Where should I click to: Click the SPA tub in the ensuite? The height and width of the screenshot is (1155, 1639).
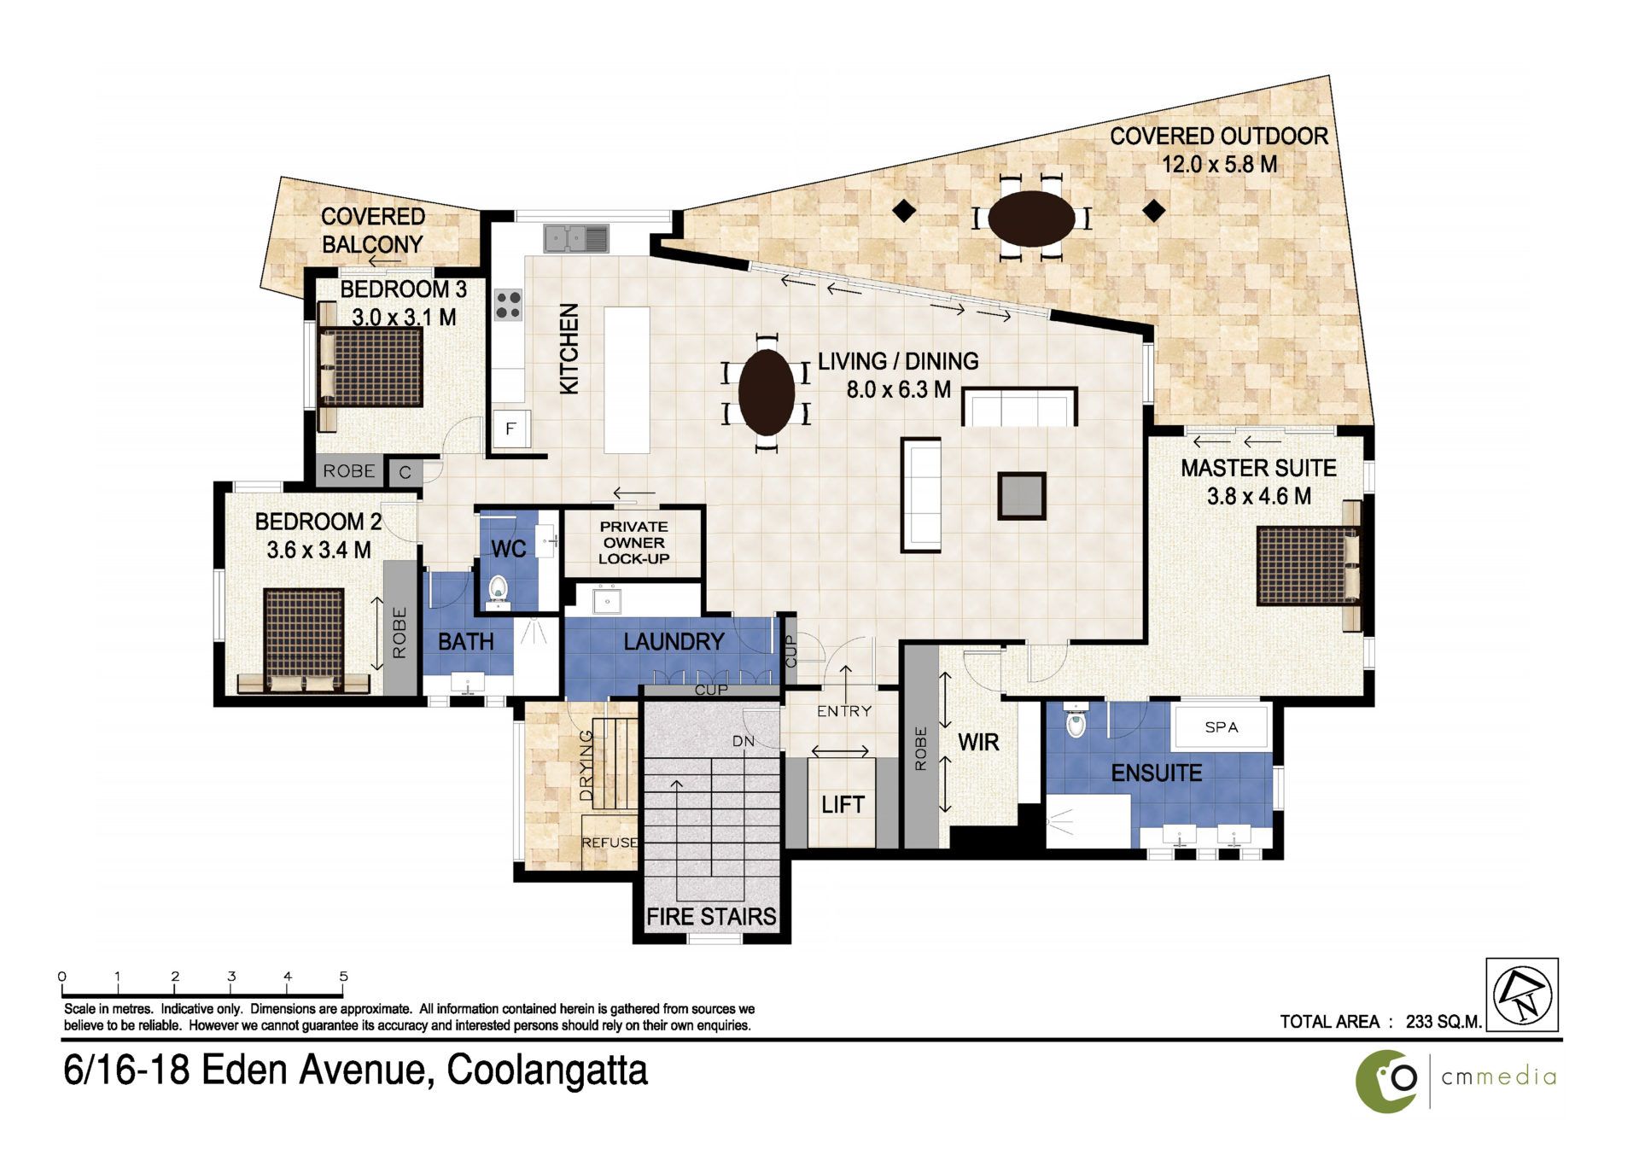(x=1221, y=726)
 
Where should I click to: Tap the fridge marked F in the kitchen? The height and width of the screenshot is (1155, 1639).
(x=510, y=429)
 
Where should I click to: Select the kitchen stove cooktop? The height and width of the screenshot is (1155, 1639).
(x=509, y=305)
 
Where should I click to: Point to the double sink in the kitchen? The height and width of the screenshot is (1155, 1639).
(x=576, y=238)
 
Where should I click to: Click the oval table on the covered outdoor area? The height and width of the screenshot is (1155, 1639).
(x=1032, y=219)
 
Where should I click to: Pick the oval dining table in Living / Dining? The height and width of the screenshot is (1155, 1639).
(x=767, y=392)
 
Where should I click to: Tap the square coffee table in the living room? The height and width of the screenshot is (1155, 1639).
(x=1022, y=496)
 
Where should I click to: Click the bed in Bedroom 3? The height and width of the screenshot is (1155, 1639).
(x=370, y=367)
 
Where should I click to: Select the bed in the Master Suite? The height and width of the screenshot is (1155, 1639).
(x=1309, y=566)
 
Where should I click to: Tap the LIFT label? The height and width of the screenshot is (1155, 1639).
(x=843, y=804)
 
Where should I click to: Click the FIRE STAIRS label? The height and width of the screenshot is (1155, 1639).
(x=711, y=917)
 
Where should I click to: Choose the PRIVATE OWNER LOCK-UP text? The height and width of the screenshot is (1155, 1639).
(x=633, y=543)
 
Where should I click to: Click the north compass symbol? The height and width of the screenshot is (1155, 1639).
(x=1522, y=995)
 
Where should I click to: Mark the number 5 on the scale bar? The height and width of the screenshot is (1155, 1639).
(x=344, y=977)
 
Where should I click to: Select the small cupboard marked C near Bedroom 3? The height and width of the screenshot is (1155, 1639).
(x=405, y=472)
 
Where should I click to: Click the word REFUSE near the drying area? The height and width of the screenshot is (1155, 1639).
(x=610, y=843)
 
